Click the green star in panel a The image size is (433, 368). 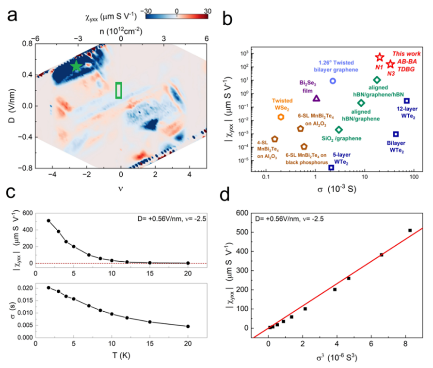(76, 67)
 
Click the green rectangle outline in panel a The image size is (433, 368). (118, 90)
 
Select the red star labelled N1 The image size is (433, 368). (380, 57)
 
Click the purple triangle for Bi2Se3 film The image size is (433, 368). (317, 98)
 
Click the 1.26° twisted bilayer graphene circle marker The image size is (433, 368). (333, 81)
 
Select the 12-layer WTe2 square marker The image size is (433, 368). (407, 101)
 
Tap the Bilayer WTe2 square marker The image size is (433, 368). (396, 134)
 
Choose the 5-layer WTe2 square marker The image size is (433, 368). (331, 167)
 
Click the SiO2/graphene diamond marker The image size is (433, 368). (339, 130)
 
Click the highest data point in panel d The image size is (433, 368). (410, 230)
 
